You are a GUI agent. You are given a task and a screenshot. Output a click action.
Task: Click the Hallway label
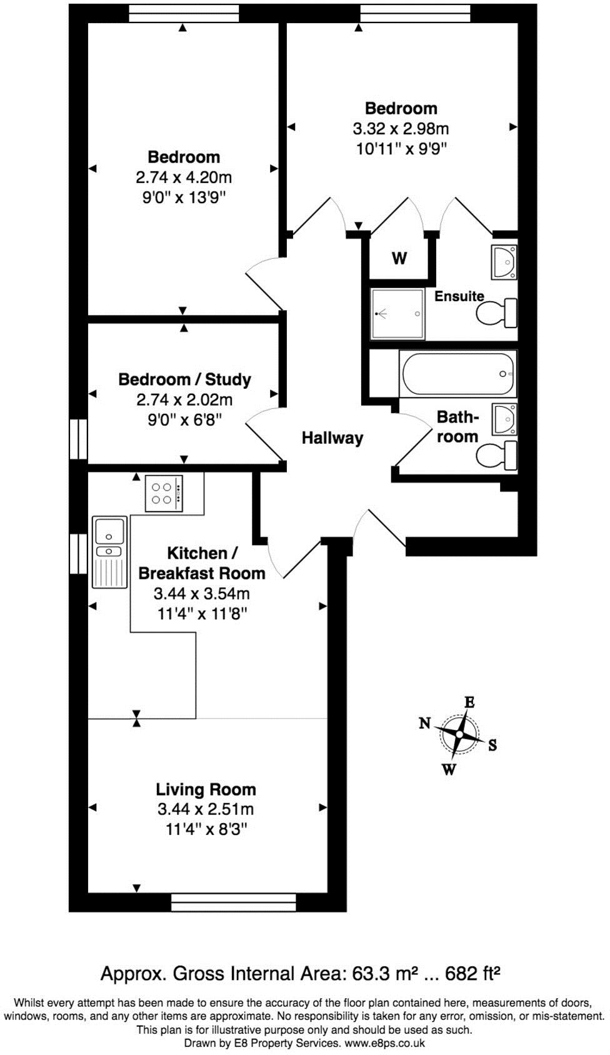pos(332,438)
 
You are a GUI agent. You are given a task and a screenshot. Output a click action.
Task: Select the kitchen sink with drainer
pos(109,552)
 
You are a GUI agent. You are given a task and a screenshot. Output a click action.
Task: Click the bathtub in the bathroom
pos(458,374)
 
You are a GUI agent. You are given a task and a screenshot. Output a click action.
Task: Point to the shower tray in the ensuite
pos(397,314)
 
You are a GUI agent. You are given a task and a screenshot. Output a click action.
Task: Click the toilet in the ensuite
pos(497,312)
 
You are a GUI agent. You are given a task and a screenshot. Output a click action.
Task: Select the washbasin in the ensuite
pos(504,262)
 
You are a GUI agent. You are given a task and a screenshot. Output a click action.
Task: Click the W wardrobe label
pos(399,257)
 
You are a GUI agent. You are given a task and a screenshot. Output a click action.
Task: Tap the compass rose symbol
pos(459,734)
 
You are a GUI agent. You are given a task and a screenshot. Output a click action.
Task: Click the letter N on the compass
pos(425,723)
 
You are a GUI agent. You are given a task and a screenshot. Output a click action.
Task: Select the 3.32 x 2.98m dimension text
pos(401,129)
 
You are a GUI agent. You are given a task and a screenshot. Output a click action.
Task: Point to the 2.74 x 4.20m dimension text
pos(184,177)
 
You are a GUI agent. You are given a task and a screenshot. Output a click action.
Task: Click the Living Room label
pos(206,789)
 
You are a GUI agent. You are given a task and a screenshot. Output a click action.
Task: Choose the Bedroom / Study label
pos(184,379)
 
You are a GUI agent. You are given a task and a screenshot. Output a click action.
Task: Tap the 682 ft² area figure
pos(472,973)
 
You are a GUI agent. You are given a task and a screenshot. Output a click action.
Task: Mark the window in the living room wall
pos(233,902)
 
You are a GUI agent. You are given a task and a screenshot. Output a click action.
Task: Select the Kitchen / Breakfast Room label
pos(201,563)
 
